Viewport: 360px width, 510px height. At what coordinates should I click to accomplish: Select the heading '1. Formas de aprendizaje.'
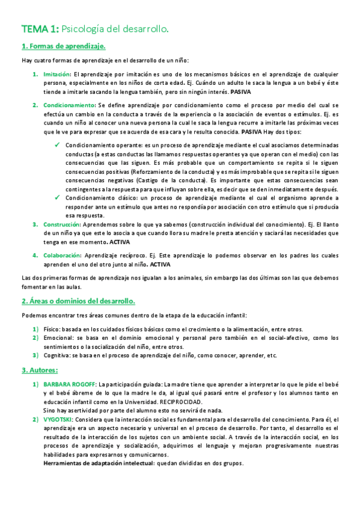click(x=64, y=46)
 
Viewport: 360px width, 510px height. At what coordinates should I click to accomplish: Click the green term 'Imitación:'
click(x=56, y=74)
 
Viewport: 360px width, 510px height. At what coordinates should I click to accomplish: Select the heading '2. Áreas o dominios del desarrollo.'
click(x=78, y=301)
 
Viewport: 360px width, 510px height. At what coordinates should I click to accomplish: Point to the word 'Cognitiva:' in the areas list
click(x=58, y=355)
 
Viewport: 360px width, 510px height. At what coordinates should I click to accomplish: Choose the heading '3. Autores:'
click(x=40, y=370)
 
